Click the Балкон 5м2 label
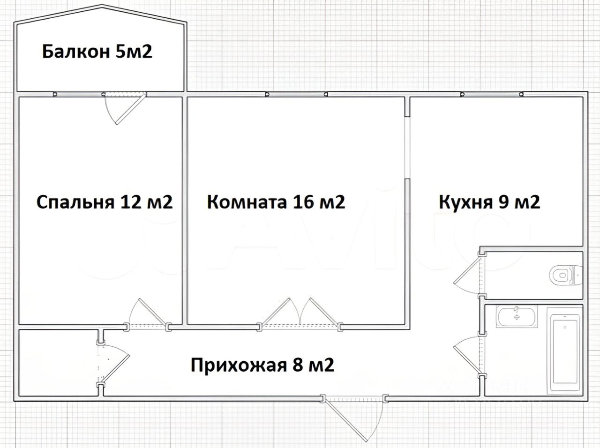tap(97, 51)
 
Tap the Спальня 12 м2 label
tap(105, 202)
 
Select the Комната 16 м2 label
tap(276, 202)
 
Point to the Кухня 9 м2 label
tap(489, 202)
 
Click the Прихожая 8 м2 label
tap(262, 364)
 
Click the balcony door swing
tap(125, 108)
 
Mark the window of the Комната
tap(296, 94)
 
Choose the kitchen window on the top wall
tap(492, 94)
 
